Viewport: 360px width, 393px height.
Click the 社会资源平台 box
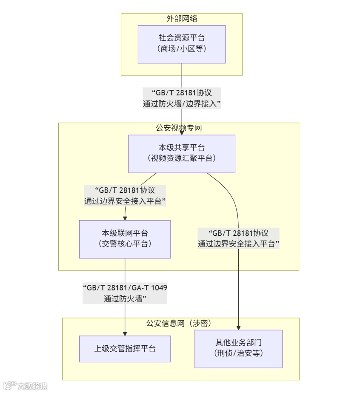[182, 44]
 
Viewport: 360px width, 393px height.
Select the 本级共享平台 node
[182, 154]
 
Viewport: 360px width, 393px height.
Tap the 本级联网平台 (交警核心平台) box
[125, 239]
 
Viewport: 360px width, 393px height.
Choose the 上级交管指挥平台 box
[125, 349]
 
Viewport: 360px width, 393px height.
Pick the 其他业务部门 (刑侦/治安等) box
[238, 348]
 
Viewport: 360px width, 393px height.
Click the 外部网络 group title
[182, 19]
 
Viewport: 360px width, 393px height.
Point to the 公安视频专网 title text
[179, 128]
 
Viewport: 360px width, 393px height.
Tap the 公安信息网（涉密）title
[179, 323]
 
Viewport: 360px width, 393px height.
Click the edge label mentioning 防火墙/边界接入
[182, 98]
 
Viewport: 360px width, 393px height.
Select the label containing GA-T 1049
[125, 293]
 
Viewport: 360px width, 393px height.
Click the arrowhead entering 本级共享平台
[182, 132]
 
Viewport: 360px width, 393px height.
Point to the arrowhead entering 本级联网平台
[125, 218]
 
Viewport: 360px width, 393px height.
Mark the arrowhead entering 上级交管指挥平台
[125, 333]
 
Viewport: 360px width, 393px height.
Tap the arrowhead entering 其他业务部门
[238, 327]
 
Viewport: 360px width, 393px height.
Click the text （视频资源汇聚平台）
[182, 159]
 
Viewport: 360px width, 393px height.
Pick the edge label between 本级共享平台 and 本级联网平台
[125, 196]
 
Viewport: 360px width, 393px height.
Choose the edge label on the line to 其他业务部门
[238, 238]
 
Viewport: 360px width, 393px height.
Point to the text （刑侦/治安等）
[238, 353]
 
